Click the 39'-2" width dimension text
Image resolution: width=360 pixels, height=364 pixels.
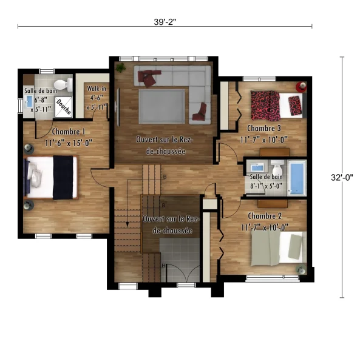coord(165,22)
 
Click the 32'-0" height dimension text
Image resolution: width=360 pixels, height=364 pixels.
coord(342,177)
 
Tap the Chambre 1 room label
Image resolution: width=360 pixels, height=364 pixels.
coord(69,132)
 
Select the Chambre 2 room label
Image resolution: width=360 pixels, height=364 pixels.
coord(265,216)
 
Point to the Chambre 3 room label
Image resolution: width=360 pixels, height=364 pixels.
coord(264,128)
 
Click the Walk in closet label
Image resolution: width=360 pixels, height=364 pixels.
coord(97,89)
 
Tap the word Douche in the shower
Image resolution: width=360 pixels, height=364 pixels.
coord(64,107)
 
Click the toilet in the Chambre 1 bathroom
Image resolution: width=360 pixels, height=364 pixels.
coord(63,85)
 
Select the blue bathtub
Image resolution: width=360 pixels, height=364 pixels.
coord(297,178)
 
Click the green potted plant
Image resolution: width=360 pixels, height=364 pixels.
coord(121,67)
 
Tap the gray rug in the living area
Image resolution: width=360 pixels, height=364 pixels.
coord(162,106)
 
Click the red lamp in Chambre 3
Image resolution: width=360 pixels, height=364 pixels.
coord(301,87)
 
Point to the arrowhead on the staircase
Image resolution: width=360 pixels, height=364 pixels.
coord(127,224)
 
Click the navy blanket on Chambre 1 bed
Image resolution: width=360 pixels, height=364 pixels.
coord(63,178)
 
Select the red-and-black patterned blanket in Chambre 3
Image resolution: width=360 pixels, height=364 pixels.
coord(265,106)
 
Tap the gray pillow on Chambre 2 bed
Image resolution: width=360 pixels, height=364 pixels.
coord(296,246)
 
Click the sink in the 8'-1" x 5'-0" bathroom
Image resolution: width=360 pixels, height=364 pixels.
coord(257,167)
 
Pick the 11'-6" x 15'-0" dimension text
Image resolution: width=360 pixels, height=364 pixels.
coord(69,143)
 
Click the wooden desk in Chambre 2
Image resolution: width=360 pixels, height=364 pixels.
coord(273,204)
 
